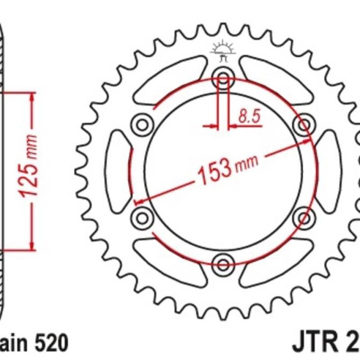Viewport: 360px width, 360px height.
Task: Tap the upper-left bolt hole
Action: [142, 123]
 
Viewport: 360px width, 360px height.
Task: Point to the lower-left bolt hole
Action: [142, 218]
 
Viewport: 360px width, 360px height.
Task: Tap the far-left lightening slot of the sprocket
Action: [118, 170]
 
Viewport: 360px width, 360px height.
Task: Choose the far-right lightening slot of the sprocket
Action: [328, 170]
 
